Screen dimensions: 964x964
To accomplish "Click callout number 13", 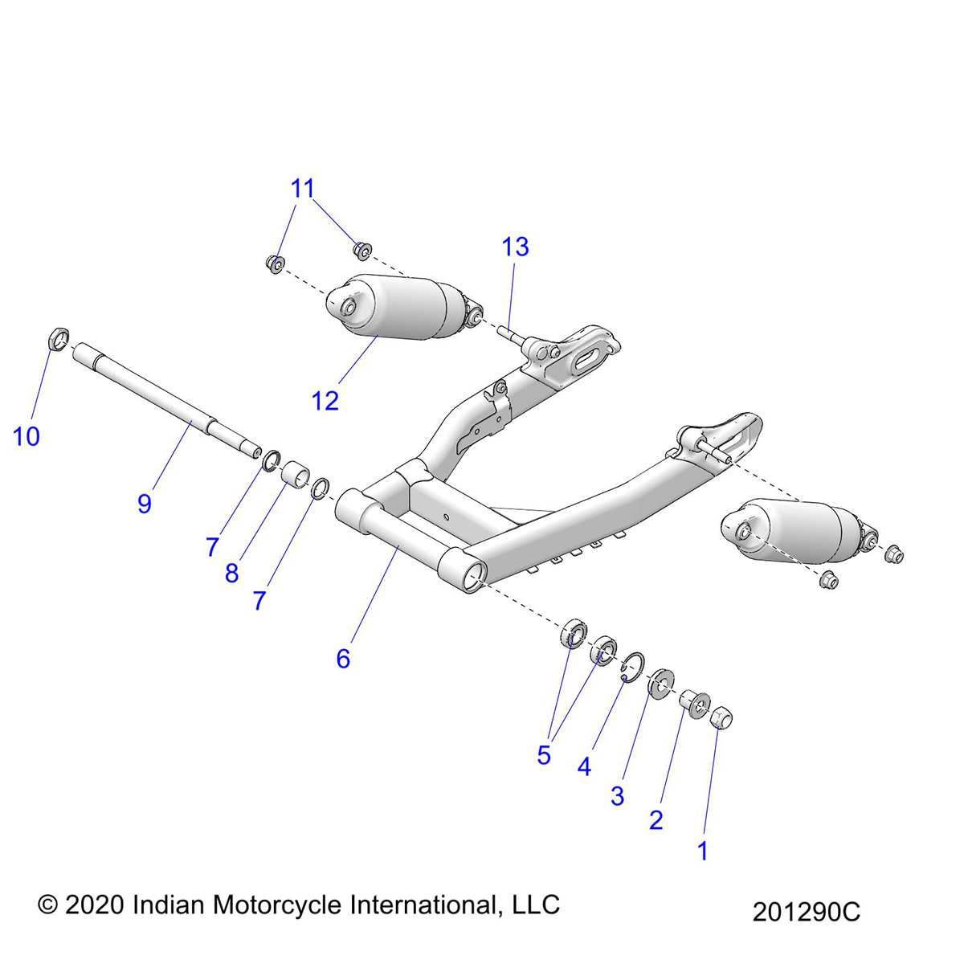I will [x=516, y=247].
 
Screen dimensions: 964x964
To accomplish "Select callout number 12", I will [x=325, y=401].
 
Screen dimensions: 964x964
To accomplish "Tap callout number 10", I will [x=26, y=437].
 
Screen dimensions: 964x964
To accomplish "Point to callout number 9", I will [x=145, y=504].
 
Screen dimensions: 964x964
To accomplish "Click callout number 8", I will [x=231, y=574].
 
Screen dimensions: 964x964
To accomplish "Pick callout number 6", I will [x=343, y=659].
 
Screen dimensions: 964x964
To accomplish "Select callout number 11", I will [x=303, y=189].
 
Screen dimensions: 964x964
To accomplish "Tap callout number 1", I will [x=703, y=851].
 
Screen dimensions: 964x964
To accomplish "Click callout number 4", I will [x=584, y=767].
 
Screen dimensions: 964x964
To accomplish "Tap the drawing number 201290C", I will [x=806, y=912].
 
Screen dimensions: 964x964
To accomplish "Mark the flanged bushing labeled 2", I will [x=693, y=703].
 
